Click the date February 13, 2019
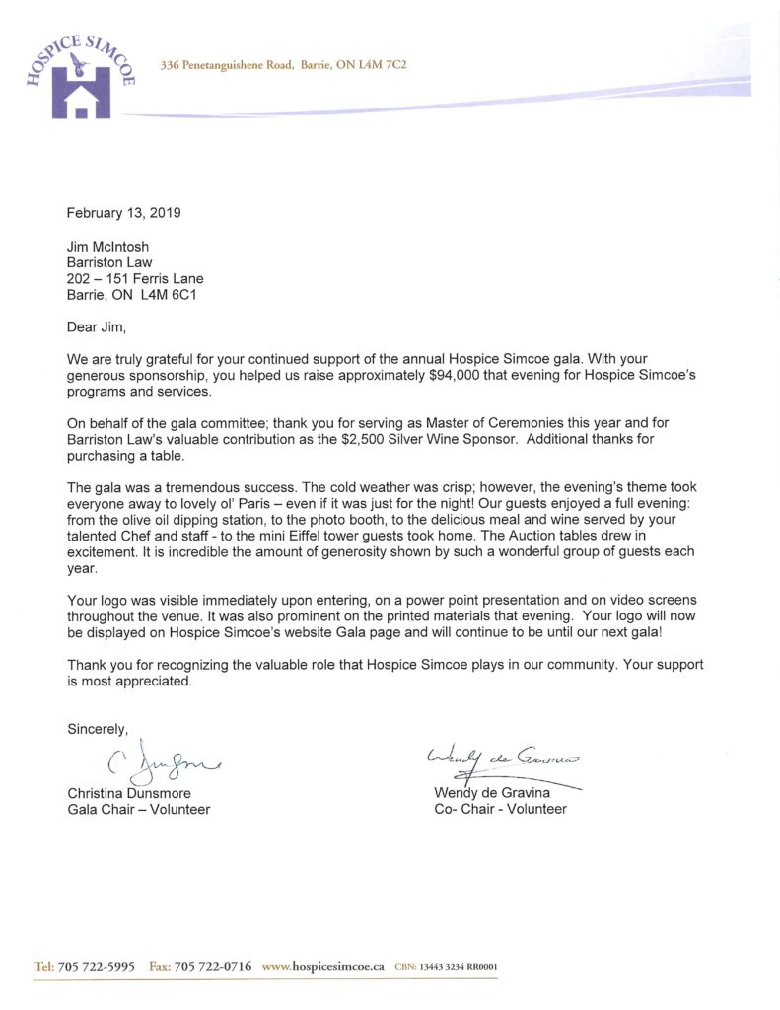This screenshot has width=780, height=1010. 124,212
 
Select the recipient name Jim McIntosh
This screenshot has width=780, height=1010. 107,246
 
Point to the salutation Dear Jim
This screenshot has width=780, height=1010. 97,326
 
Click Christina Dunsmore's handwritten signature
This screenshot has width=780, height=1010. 157,760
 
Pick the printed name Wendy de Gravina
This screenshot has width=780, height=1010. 493,792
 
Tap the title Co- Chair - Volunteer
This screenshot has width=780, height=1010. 500,809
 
